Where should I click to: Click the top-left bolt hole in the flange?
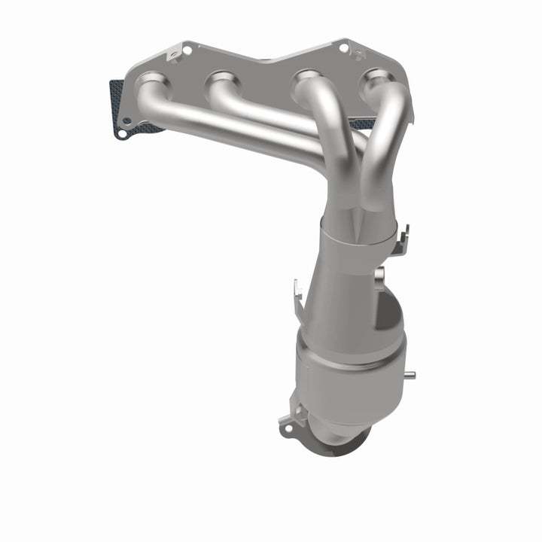(186, 50)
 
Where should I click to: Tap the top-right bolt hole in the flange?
(343, 47)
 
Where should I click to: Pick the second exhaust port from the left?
(223, 78)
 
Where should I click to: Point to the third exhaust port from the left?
(306, 77)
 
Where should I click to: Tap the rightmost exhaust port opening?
(376, 78)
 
